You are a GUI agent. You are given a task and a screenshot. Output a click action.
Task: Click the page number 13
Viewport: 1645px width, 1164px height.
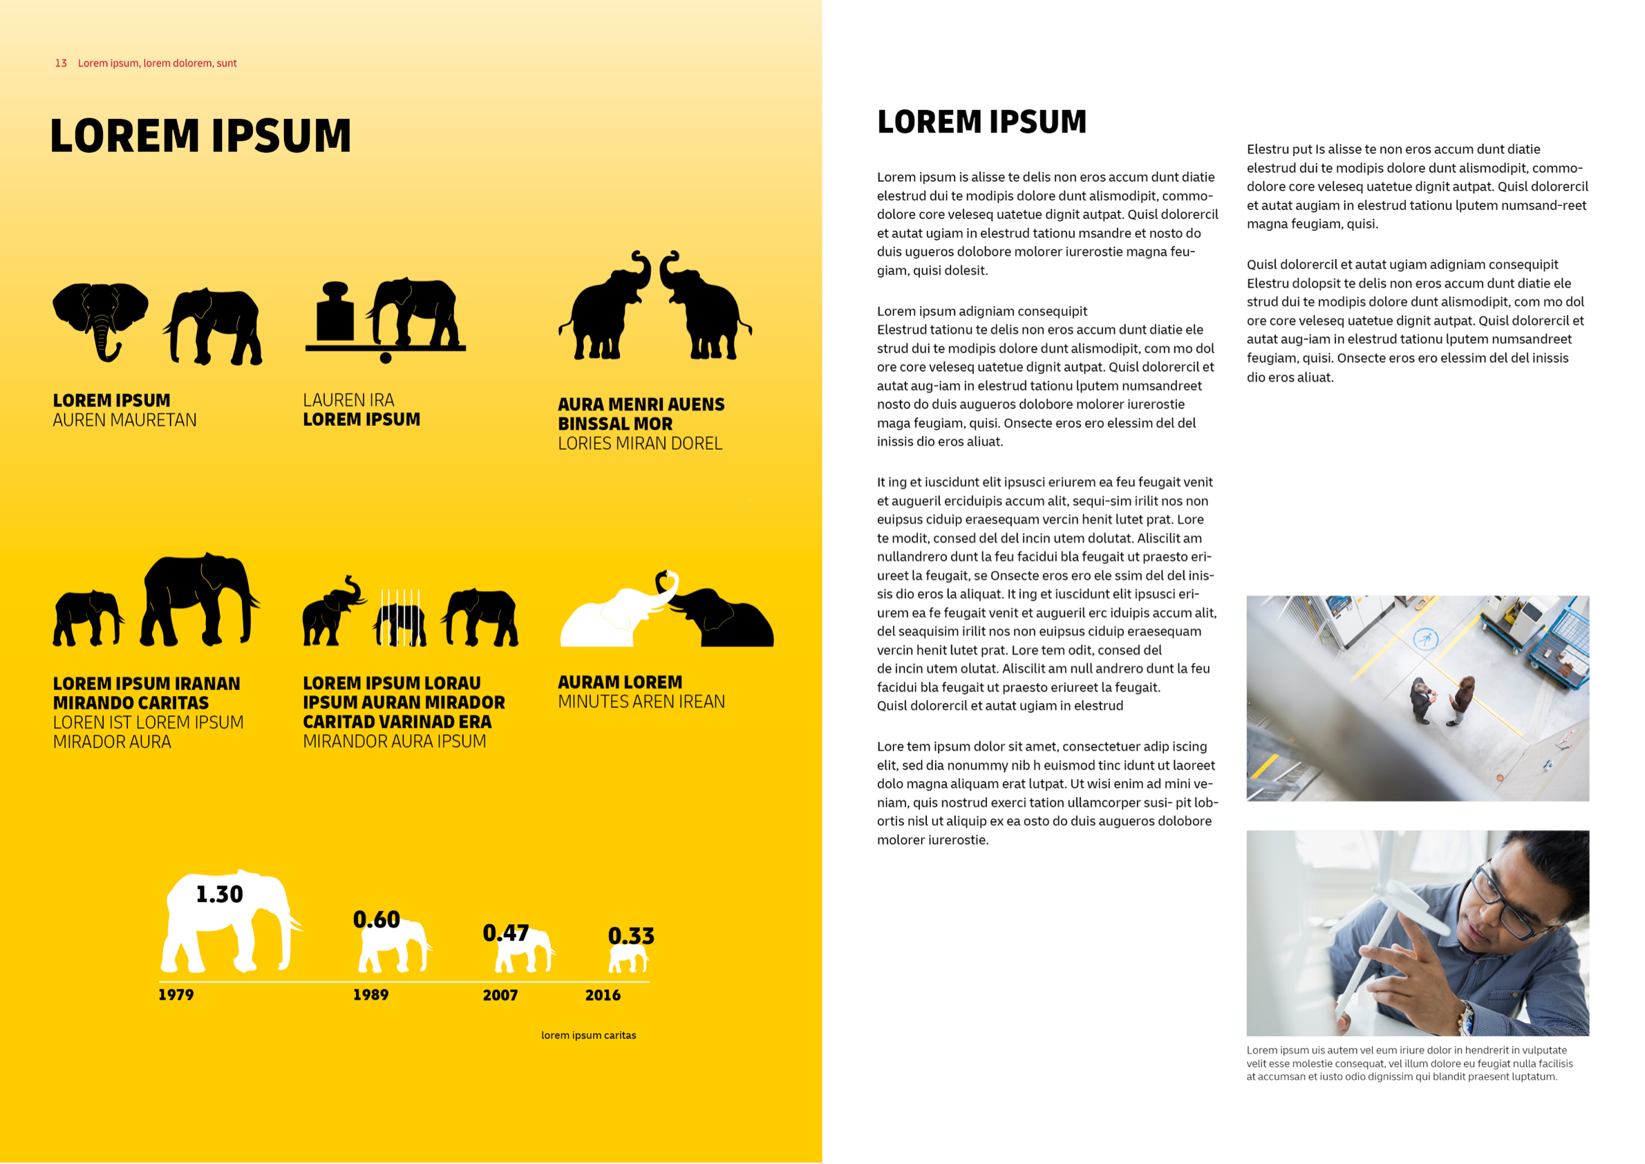coord(61,63)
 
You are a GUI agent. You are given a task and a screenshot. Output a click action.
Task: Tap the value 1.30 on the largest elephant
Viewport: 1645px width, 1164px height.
coord(219,894)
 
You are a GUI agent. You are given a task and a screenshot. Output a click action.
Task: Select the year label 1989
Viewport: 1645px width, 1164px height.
coord(370,995)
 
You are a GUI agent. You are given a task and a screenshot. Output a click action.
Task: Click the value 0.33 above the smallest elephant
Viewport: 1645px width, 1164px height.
coord(631,935)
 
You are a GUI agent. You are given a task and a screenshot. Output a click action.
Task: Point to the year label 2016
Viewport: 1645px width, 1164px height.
coord(603,995)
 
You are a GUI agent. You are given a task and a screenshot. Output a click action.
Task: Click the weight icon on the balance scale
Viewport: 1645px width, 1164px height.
coord(335,313)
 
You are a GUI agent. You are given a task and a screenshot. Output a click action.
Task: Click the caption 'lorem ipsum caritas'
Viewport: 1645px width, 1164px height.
coord(588,1035)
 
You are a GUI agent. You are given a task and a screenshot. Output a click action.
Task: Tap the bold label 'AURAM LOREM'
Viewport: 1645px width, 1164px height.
coord(620,682)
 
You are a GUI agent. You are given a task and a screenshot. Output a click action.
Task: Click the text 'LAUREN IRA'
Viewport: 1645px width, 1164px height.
coord(348,400)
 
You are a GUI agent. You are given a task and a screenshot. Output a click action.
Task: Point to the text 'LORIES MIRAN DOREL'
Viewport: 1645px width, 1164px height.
coord(640,444)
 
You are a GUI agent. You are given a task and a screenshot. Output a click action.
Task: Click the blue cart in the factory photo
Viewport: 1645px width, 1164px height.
coord(1561,642)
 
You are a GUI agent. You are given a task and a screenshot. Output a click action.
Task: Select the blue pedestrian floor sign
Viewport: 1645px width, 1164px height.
coord(1425,638)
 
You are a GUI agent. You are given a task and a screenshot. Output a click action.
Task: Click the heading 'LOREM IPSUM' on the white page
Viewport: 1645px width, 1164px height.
coord(981,122)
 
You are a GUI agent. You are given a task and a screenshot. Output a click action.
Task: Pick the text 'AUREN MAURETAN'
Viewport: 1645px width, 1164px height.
coord(124,420)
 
